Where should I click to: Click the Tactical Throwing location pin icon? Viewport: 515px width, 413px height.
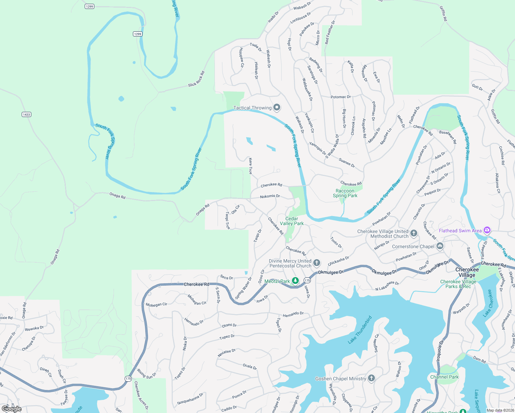(x=277, y=108)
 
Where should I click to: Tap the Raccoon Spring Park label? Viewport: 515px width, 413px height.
(x=345, y=193)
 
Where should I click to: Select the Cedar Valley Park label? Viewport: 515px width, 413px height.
(x=292, y=221)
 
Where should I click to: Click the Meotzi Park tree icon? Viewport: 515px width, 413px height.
(x=295, y=281)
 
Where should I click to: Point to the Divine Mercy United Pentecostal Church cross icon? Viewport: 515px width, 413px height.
(x=316, y=263)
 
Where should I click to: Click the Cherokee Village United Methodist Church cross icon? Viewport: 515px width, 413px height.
(x=414, y=234)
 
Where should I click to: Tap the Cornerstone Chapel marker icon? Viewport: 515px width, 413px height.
(x=440, y=246)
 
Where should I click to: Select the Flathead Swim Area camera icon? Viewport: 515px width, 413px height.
(x=487, y=230)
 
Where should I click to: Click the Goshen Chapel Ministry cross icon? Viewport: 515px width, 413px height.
(x=371, y=378)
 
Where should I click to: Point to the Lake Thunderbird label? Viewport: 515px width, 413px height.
(x=360, y=330)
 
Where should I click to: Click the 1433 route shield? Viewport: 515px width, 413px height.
(x=27, y=114)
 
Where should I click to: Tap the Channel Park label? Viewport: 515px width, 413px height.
(x=444, y=377)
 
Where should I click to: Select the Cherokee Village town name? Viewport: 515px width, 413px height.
(x=467, y=272)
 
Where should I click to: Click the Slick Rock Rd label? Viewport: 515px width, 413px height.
(x=196, y=79)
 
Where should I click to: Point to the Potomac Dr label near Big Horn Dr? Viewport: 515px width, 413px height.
(x=340, y=97)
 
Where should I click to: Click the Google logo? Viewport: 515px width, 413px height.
(x=12, y=409)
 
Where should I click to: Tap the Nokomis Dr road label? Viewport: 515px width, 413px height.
(x=270, y=196)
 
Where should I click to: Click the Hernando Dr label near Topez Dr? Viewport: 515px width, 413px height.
(x=293, y=314)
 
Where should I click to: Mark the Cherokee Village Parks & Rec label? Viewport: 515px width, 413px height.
(x=458, y=284)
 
